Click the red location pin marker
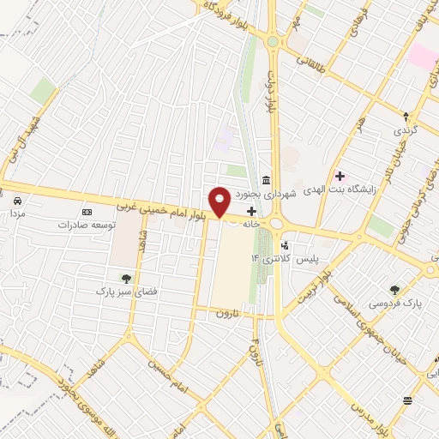coord(220,201)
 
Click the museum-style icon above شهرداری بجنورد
coord(268,180)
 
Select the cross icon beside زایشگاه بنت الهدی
coord(340,176)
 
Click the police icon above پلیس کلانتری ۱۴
coord(284,245)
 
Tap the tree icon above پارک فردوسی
coord(394,290)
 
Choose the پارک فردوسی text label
coord(395,304)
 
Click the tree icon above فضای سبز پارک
coord(126,278)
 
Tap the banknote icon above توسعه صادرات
coord(86,211)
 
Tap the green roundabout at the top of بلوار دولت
coord(273,40)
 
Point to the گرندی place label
coord(403,131)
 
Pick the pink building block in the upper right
coord(422,57)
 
